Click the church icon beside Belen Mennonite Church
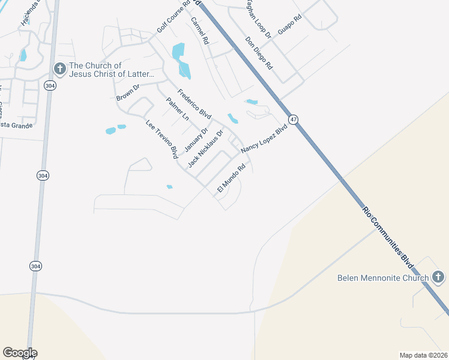(438, 277)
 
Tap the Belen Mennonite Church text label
(382, 278)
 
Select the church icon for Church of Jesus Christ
(59, 69)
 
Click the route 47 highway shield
(293, 120)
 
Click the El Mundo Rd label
(231, 179)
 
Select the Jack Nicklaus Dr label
(205, 148)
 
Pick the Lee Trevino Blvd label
(162, 139)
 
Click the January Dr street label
(196, 139)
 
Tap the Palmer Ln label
(178, 109)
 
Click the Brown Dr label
(128, 92)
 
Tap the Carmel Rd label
(199, 31)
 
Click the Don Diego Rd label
(259, 53)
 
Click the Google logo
(20, 353)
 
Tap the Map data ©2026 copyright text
(424, 355)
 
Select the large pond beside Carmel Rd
(181, 61)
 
